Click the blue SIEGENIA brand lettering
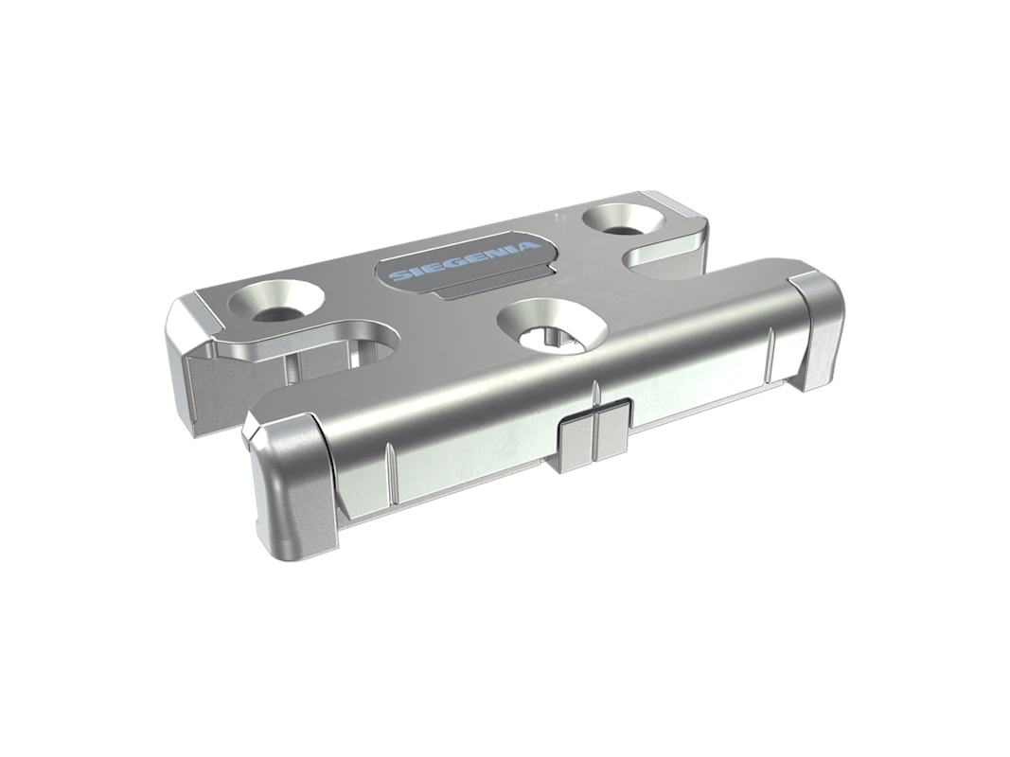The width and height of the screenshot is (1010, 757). [462, 261]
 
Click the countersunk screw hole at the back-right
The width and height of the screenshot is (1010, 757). [622, 220]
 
